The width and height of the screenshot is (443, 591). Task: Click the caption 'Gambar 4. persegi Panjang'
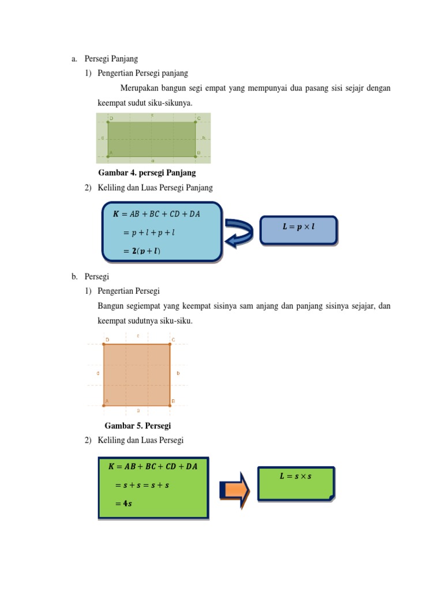pyautogui.click(x=147, y=173)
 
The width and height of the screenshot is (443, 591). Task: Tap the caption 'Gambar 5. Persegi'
pyautogui.click(x=138, y=426)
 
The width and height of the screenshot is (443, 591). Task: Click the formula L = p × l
pyautogui.click(x=298, y=227)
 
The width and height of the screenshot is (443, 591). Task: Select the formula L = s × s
pyautogui.click(x=295, y=476)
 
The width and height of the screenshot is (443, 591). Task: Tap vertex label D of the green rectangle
pyautogui.click(x=111, y=118)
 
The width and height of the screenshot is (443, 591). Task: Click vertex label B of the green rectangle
pyautogui.click(x=198, y=153)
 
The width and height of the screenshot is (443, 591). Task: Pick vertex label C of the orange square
pyautogui.click(x=174, y=339)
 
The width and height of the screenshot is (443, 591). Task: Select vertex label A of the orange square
pyautogui.click(x=107, y=401)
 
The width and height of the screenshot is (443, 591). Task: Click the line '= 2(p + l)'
pyautogui.click(x=142, y=251)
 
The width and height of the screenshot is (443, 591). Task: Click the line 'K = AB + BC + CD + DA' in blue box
pyautogui.click(x=156, y=214)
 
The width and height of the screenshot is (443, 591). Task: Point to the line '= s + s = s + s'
pyautogui.click(x=142, y=485)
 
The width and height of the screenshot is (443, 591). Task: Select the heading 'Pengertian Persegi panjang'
pyautogui.click(x=143, y=73)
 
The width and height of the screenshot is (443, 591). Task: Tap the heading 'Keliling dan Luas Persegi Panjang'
pyautogui.click(x=155, y=188)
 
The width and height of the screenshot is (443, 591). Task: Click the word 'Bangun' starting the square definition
pyautogui.click(x=110, y=306)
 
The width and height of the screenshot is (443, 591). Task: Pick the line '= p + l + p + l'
pyautogui.click(x=149, y=233)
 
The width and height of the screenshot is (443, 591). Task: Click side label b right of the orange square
pyautogui.click(x=178, y=373)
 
